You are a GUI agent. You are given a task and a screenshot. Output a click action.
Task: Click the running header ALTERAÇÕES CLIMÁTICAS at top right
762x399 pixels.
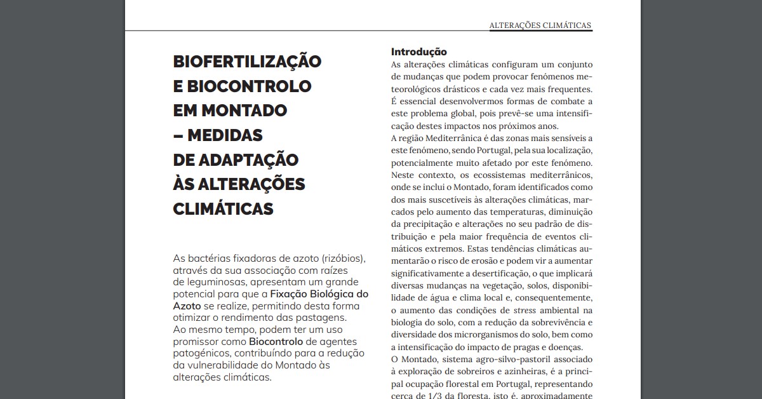[540, 25]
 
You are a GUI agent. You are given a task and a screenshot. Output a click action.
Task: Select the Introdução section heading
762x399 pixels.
[418, 51]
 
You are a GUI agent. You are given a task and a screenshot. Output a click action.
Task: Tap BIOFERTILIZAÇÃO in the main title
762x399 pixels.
[247, 62]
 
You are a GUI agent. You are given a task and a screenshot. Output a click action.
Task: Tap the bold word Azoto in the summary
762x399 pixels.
[187, 306]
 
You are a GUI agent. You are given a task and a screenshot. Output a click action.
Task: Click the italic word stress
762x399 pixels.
[525, 310]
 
